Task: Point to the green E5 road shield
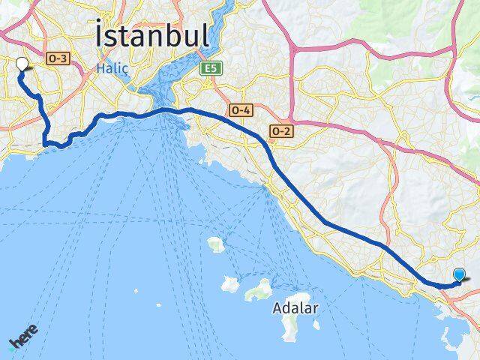pyautogui.click(x=209, y=68)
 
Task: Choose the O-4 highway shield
pyautogui.click(x=241, y=109)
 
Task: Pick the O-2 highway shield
pyautogui.click(x=280, y=130)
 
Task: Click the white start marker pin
pyautogui.click(x=22, y=64)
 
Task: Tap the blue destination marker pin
pyautogui.click(x=459, y=275)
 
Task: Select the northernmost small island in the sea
pyautogui.click(x=216, y=244)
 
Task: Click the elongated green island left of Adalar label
pyautogui.click(x=258, y=289)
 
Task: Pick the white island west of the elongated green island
pyautogui.click(x=230, y=284)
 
